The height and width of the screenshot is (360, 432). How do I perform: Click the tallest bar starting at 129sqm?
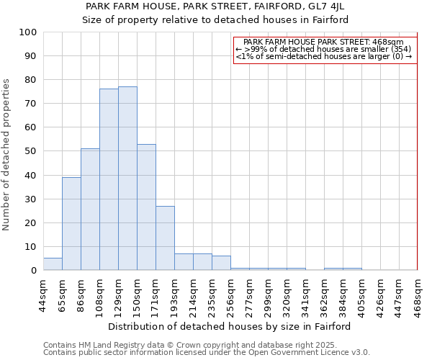click(127, 179)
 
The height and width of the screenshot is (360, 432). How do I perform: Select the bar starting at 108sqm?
click(109, 179)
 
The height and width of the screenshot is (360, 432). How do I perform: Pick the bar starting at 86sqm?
click(90, 209)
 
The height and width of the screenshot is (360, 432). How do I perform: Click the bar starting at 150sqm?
click(146, 207)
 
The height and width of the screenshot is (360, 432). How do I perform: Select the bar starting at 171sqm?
click(165, 238)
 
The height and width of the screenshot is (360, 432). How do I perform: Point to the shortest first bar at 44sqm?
click(53, 264)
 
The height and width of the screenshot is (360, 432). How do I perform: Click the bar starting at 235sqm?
click(221, 263)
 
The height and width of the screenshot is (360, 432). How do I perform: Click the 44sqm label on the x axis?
click(43, 294)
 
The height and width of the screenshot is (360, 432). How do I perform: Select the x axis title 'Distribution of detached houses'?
click(230, 326)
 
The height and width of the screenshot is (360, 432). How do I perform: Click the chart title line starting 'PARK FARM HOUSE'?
click(215, 6)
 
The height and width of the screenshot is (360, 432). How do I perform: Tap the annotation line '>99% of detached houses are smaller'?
click(323, 49)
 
